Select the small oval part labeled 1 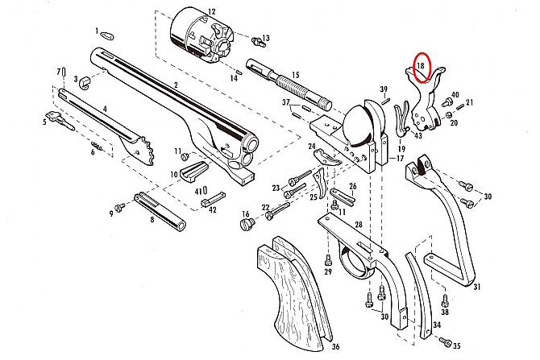[x=106, y=34]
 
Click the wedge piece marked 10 [x=193, y=170]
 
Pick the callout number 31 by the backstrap [x=477, y=288]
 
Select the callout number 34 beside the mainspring [x=437, y=325]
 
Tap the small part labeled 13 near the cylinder [x=257, y=39]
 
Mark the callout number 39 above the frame [x=384, y=89]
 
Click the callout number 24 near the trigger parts [x=311, y=147]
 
